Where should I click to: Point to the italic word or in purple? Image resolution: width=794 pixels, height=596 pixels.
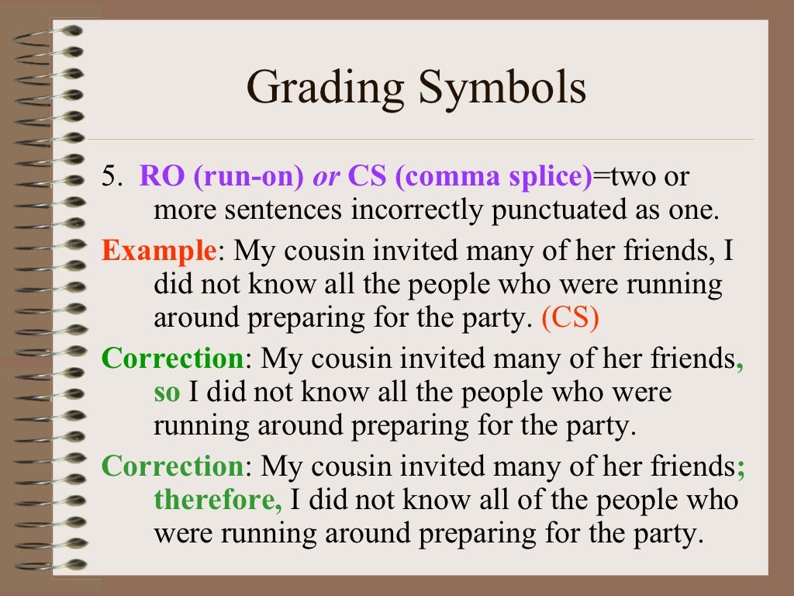click(x=326, y=177)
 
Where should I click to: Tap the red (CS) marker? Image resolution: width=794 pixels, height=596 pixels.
click(x=571, y=319)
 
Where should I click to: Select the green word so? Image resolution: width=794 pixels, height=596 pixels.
click(x=167, y=392)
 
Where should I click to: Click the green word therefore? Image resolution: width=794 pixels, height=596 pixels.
click(x=219, y=499)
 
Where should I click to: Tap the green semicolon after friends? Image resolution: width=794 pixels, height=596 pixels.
click(x=740, y=467)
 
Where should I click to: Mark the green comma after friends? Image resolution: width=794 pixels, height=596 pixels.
click(x=740, y=362)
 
